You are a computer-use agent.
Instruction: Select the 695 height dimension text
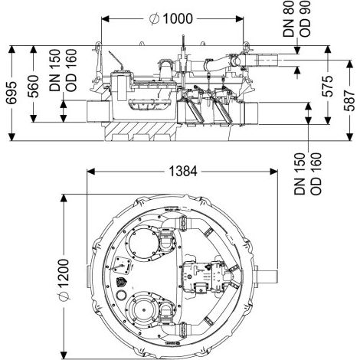click(x=11, y=93)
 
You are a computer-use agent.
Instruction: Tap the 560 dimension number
click(x=33, y=87)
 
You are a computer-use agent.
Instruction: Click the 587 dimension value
click(x=349, y=100)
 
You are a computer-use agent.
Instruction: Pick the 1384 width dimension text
click(x=183, y=171)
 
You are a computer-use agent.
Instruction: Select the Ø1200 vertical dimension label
click(x=64, y=279)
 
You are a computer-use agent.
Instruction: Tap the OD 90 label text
click(x=305, y=19)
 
